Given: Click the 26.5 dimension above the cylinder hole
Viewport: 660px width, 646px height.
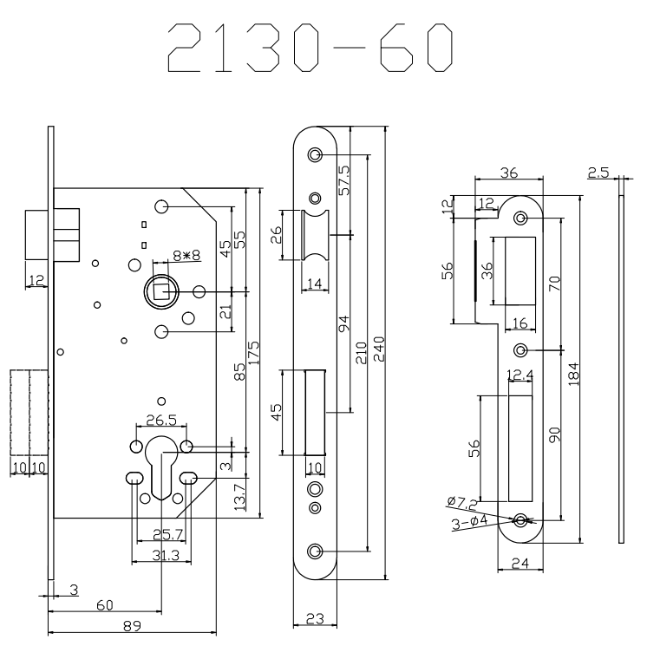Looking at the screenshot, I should click(x=161, y=421).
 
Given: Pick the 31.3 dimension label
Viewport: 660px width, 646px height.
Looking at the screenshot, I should click(x=162, y=557).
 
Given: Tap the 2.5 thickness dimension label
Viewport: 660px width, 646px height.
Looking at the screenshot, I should click(x=598, y=173).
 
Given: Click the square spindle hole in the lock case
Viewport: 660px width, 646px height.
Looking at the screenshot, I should click(x=161, y=290).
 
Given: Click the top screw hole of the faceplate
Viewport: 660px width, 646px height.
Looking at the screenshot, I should click(x=315, y=155).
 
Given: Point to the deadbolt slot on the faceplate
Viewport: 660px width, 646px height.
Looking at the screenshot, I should click(x=315, y=412).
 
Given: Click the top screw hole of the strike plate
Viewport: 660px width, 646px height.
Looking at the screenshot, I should click(x=521, y=218).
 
